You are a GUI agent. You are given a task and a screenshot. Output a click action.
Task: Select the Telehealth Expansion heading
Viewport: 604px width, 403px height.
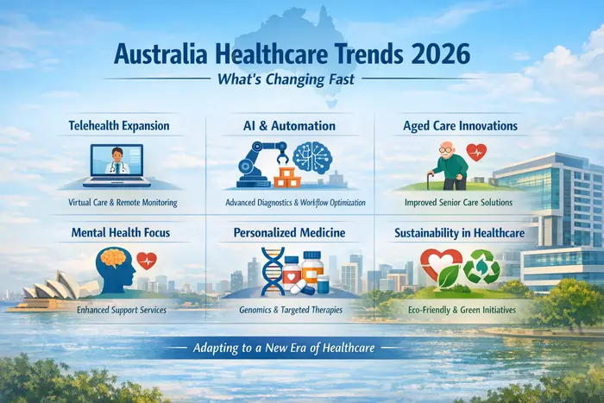tap(118, 126)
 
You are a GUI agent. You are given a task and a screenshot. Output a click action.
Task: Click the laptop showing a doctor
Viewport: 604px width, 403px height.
tap(120, 165)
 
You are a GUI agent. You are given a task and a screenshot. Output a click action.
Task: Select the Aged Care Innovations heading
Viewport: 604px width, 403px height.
tap(460, 126)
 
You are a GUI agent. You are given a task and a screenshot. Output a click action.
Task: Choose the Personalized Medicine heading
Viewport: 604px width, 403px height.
tap(289, 232)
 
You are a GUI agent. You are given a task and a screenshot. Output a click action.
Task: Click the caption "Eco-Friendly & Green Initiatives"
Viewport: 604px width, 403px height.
tap(461, 308)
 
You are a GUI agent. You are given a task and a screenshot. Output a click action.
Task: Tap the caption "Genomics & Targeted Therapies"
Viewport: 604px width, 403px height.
tap(290, 308)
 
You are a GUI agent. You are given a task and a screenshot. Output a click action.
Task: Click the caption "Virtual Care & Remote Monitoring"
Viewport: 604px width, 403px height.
tap(122, 203)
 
